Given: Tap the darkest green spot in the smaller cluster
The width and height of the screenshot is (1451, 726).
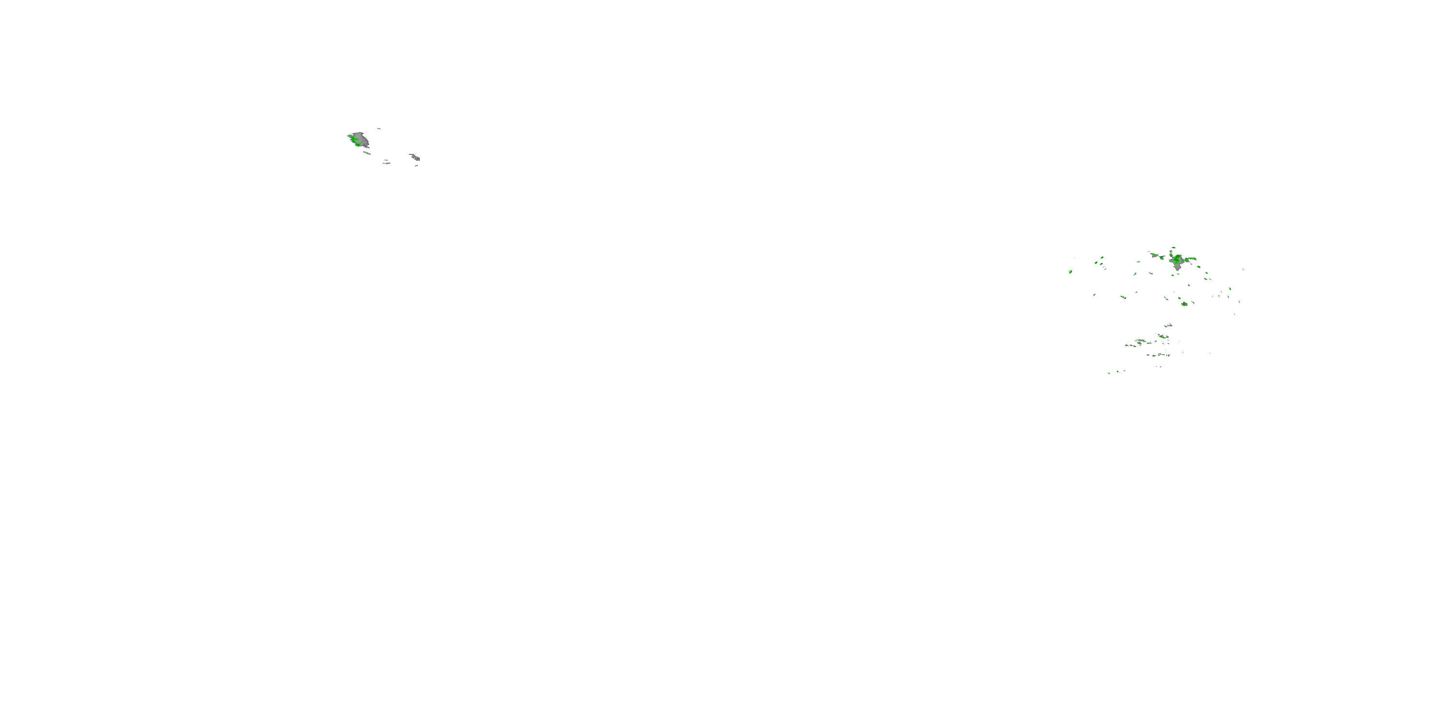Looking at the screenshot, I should (x=358, y=145).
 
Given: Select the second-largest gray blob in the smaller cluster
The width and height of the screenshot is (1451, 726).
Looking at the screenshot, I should (x=415, y=158).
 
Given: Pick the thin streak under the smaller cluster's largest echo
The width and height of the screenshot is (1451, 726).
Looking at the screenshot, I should (x=367, y=153).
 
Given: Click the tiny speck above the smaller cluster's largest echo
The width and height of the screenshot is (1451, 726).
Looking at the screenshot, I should (x=379, y=129).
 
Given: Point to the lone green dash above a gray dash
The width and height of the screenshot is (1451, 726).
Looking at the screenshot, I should (x=386, y=160).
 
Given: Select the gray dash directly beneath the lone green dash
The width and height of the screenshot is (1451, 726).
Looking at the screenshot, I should (x=387, y=164).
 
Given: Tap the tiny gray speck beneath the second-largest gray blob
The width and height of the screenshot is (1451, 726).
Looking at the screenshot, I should (x=417, y=166).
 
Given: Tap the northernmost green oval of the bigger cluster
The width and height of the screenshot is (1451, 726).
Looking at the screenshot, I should (x=1174, y=247).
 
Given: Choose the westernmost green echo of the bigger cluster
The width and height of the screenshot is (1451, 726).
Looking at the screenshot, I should (x=1070, y=272).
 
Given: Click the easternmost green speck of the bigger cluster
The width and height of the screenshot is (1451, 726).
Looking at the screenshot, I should (x=1243, y=270).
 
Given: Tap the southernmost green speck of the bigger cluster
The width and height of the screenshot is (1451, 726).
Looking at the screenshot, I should (x=1109, y=373).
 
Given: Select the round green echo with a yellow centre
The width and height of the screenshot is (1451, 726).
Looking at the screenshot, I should (x=1184, y=304).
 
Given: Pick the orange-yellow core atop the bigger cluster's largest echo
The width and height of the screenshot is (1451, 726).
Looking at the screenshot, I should (x=1178, y=257).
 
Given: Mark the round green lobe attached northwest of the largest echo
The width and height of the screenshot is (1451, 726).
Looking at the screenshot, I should (x=1171, y=256).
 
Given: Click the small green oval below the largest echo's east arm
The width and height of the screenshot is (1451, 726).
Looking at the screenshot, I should (x=1199, y=267).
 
